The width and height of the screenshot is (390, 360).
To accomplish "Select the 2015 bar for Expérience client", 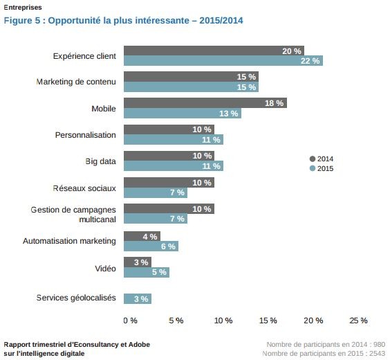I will [223, 61].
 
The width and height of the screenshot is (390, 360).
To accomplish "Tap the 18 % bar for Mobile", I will [205, 103].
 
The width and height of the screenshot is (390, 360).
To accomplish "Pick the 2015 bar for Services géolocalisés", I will [137, 298].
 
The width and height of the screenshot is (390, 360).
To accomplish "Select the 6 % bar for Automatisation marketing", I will [150, 246].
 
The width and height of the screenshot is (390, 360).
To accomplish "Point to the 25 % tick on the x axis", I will [358, 321].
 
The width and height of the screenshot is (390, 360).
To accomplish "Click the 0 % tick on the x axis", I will [130, 321].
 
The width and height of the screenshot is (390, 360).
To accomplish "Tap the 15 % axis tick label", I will [268, 321].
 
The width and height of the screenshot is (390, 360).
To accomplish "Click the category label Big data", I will [100, 161].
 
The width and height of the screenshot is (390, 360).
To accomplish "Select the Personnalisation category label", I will [85, 135].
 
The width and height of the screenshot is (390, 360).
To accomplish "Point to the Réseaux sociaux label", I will [84, 188].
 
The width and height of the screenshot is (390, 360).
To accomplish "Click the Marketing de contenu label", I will [76, 82].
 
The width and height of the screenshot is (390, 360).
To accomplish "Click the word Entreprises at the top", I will [22, 8].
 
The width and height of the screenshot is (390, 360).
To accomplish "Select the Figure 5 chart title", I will [123, 20].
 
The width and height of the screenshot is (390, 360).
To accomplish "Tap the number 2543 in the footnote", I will [376, 354].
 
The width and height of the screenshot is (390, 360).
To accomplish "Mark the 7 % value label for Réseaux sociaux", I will [177, 193].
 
